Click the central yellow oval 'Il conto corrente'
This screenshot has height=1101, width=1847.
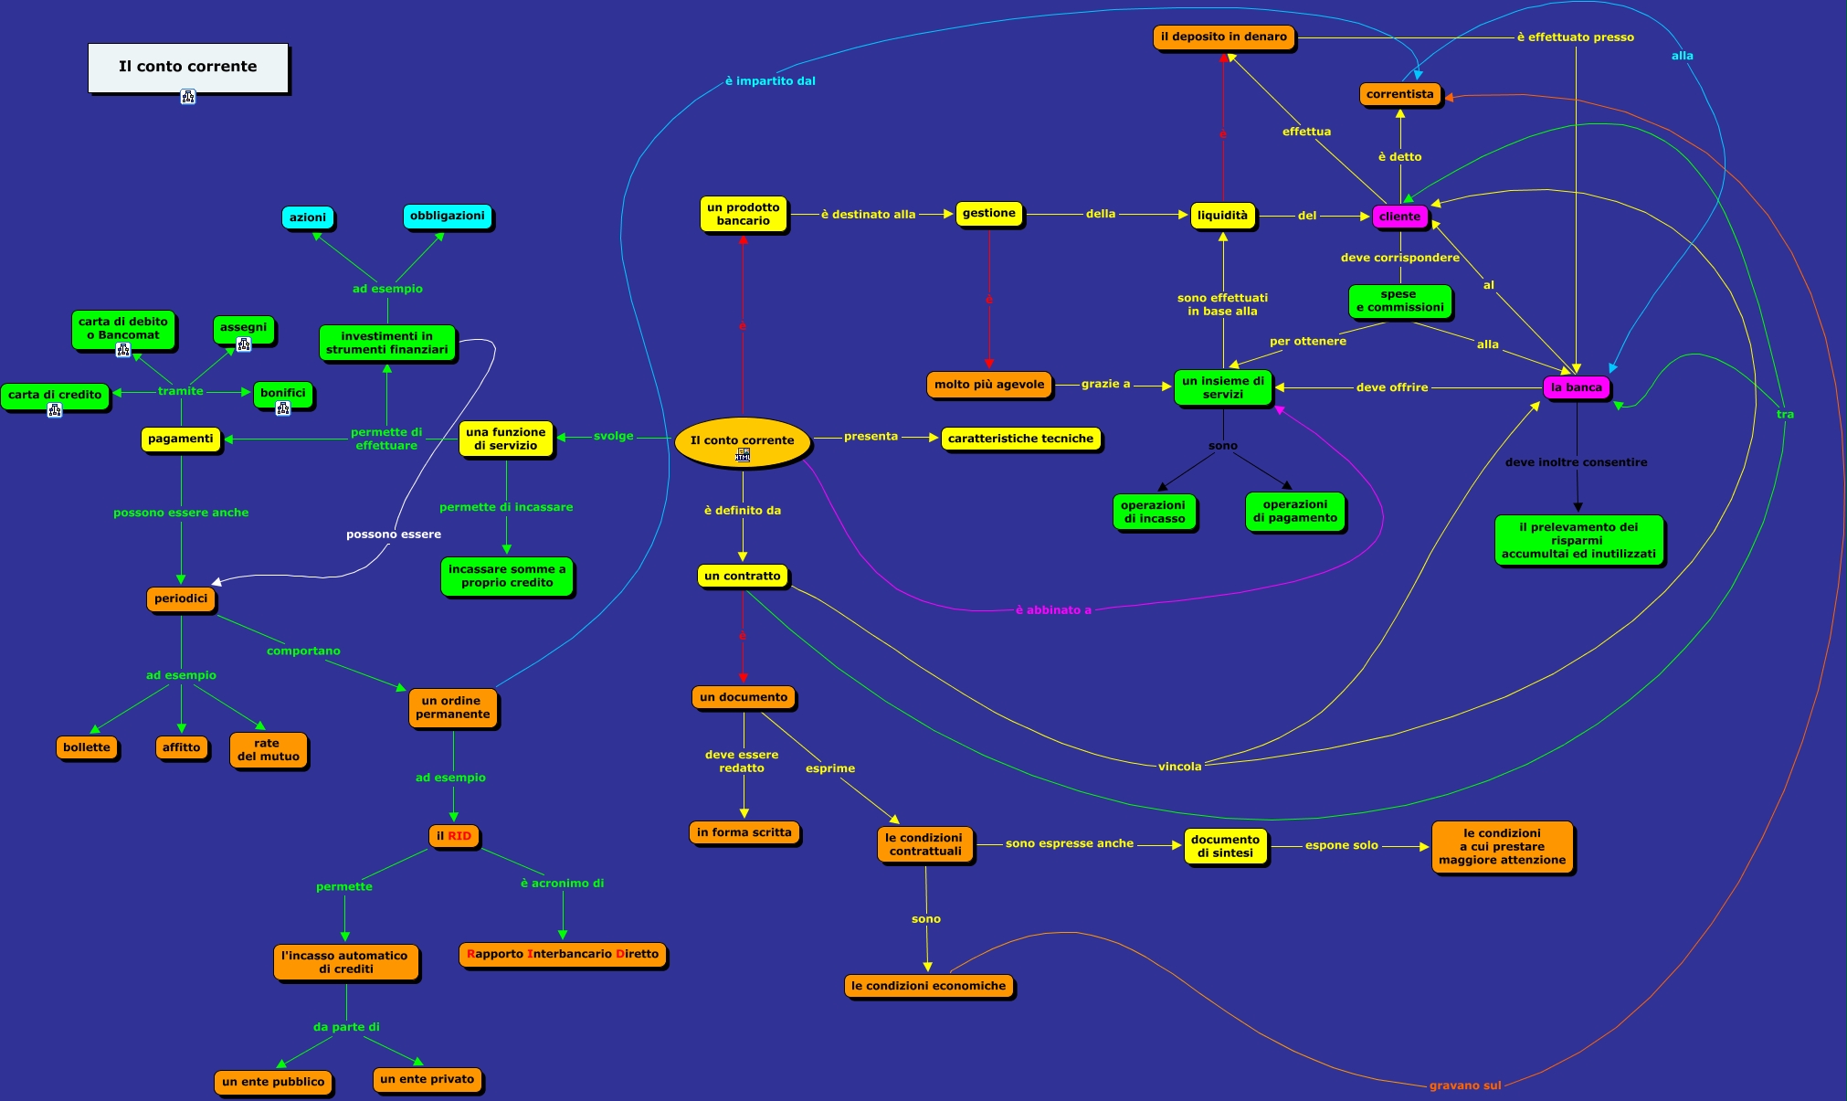[x=742, y=441]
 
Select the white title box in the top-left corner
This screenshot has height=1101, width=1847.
[x=188, y=68]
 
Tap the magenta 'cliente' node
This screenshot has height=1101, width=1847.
[x=1399, y=217]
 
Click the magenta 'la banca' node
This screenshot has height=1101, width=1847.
[x=1576, y=387]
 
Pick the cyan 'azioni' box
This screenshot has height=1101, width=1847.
[x=307, y=217]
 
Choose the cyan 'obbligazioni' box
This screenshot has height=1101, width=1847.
[x=447, y=217]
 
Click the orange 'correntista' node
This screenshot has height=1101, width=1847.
[x=1399, y=94]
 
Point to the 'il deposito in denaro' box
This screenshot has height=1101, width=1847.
[x=1223, y=37]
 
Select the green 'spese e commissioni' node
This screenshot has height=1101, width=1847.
[x=1399, y=301]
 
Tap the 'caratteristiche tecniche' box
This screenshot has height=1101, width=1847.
[x=1020, y=439]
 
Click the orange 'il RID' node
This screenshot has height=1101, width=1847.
[x=454, y=836]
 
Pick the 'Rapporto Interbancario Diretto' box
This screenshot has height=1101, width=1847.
[x=562, y=954]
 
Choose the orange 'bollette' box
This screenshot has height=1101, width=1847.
[x=87, y=747]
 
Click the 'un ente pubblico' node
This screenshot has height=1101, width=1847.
[x=273, y=1082]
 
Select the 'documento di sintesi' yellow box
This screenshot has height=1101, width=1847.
[x=1225, y=846]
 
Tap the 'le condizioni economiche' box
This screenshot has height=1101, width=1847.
[x=928, y=986]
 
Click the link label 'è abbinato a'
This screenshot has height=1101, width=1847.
[x=1053, y=610]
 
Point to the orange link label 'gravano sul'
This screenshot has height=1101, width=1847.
[x=1464, y=1085]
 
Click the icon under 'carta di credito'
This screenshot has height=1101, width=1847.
[x=55, y=410]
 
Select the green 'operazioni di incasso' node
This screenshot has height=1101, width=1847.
[x=1154, y=512]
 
